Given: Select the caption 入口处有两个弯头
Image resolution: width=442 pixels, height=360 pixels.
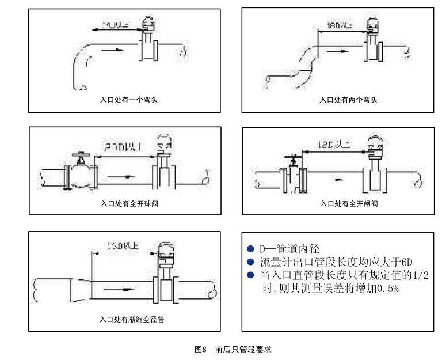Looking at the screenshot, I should [x=348, y=100].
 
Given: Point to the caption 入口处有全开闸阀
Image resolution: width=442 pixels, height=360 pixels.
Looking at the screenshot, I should [x=349, y=203].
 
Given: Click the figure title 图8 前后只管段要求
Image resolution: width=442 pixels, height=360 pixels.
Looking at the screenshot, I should [x=233, y=349].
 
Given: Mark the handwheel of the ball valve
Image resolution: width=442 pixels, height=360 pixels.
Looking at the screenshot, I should [x=81, y=154].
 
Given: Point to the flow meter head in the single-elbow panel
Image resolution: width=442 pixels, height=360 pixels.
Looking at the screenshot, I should [x=147, y=25].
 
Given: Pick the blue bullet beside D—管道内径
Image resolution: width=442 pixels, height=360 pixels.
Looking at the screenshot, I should [x=250, y=249].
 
